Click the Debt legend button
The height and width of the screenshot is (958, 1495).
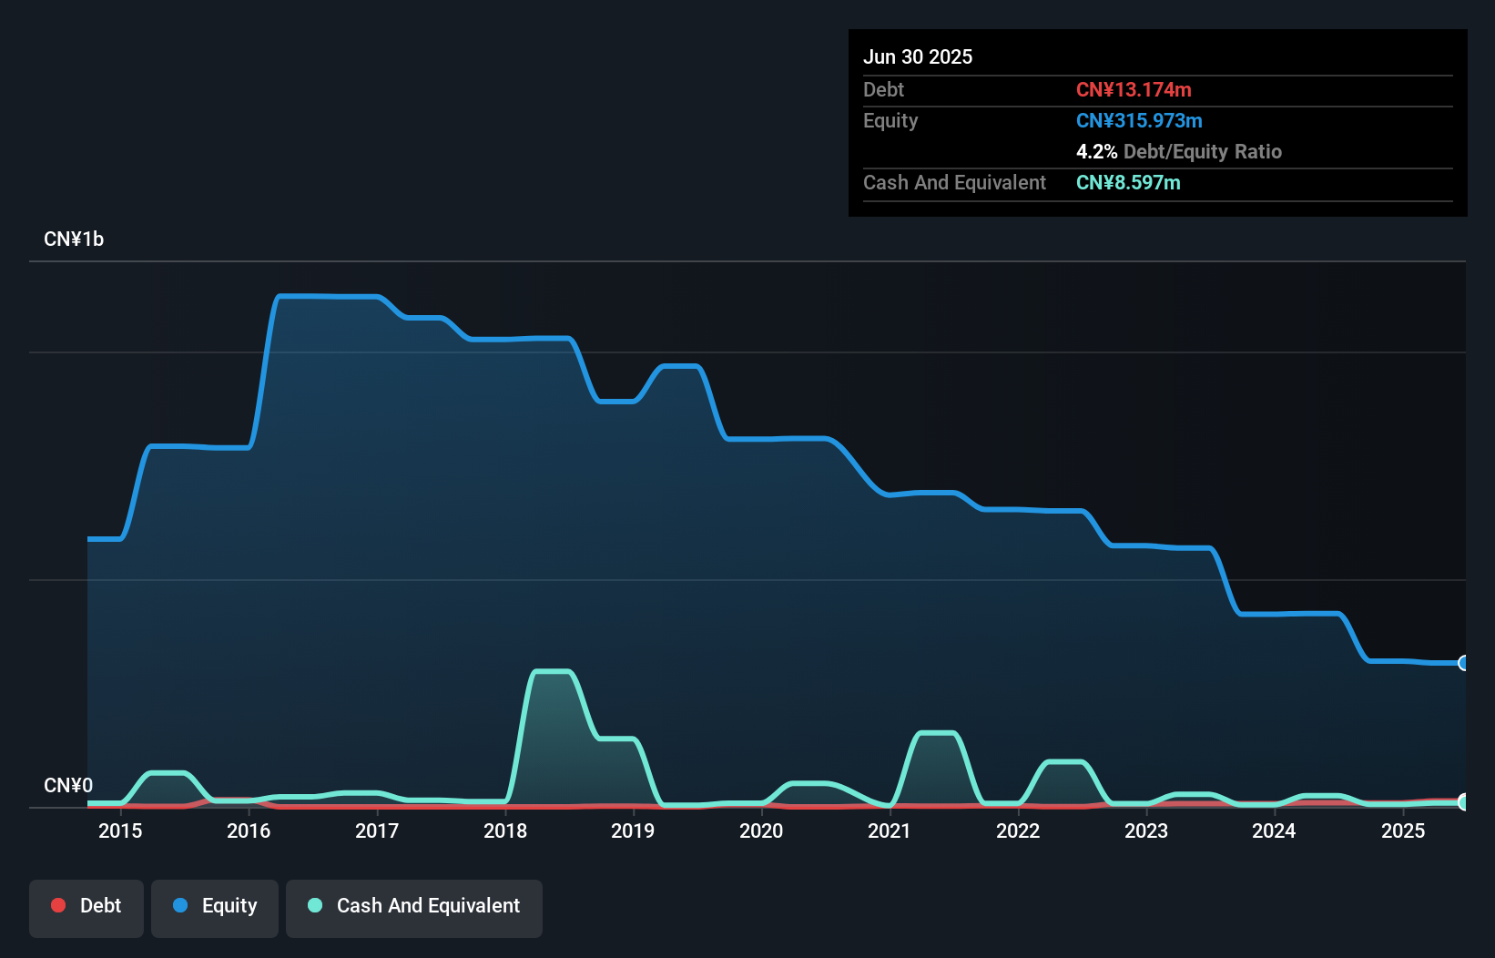[x=86, y=906]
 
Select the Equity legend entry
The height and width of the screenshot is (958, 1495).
[x=215, y=906]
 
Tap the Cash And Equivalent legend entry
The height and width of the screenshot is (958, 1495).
[x=414, y=906]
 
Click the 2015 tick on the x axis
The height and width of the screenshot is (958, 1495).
[x=120, y=831]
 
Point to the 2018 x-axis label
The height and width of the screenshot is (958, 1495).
[x=505, y=831]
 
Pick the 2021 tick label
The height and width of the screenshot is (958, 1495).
[x=890, y=831]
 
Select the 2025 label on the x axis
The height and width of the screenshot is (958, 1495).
[x=1403, y=831]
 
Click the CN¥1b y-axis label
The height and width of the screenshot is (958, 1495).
[x=74, y=239]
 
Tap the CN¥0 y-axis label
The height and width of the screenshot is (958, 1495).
[x=68, y=785]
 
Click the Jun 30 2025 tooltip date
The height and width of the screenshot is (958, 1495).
[x=918, y=57]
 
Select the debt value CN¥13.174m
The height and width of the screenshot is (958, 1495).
[x=1134, y=90]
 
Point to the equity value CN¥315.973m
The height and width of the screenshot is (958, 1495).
[x=1139, y=121]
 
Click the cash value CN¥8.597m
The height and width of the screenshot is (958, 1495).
[x=1128, y=183]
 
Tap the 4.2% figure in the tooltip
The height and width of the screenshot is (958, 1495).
[x=1096, y=152]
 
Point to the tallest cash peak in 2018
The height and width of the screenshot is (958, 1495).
[x=552, y=672]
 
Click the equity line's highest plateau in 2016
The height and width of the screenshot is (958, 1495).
[x=328, y=296]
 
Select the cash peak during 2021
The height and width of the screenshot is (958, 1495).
[x=937, y=733]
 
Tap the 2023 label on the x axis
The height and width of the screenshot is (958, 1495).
[x=1146, y=831]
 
